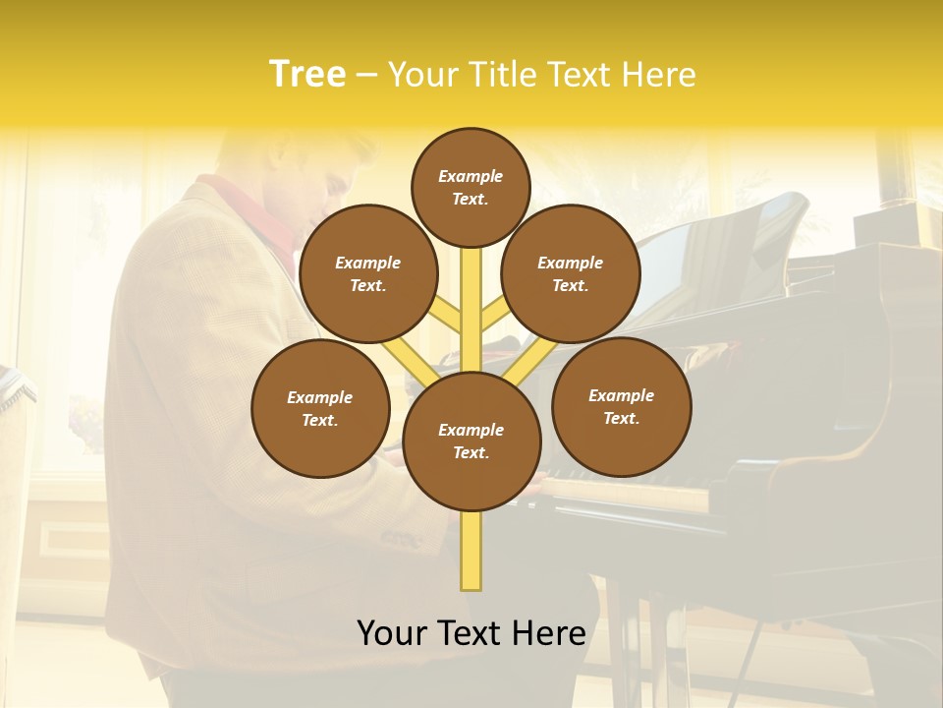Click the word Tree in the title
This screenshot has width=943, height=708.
307,74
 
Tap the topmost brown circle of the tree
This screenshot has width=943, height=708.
471,187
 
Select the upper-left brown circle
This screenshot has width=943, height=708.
367,273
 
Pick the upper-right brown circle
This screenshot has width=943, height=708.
571,273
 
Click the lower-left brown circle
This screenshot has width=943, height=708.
320,408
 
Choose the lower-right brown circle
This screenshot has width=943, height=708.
621,406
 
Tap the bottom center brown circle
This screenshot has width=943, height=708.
471,442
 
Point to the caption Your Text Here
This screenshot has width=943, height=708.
471,632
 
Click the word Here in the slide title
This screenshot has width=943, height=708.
660,75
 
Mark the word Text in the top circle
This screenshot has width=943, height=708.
470,199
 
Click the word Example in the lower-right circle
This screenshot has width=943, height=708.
621,395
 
